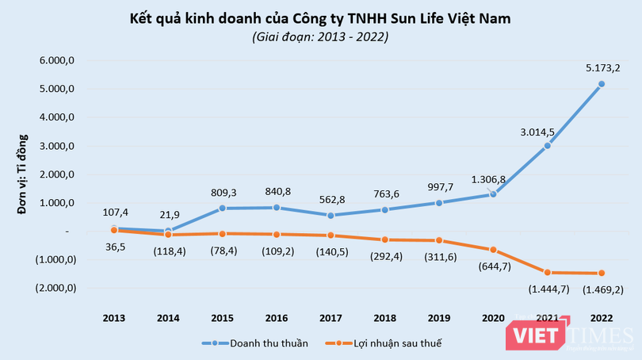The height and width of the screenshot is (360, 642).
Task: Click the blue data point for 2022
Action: (602, 84)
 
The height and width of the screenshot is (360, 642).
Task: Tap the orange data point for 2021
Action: (547, 272)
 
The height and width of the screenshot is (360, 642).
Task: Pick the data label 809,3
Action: (223, 191)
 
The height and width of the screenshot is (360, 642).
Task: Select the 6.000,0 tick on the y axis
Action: (57, 60)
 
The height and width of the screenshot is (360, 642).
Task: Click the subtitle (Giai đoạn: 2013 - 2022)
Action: (320, 36)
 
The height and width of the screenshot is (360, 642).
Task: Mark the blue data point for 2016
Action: (277, 208)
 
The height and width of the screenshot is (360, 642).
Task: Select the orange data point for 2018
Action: (384, 239)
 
